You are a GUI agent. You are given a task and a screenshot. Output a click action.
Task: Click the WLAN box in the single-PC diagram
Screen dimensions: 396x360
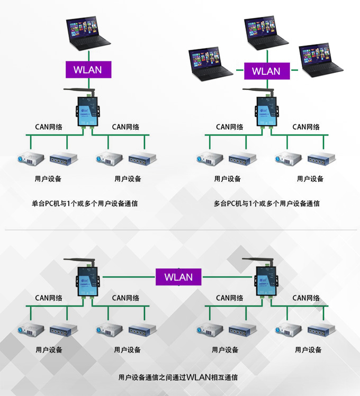(x=88, y=70)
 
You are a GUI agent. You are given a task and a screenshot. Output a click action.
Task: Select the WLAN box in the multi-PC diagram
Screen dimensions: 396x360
(x=267, y=71)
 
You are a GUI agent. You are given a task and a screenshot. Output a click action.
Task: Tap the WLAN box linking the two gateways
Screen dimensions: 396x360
(x=178, y=277)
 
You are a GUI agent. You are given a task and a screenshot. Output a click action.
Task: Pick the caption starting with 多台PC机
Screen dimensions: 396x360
(x=267, y=203)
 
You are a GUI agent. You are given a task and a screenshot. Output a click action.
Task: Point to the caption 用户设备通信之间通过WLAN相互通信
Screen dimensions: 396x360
(x=178, y=377)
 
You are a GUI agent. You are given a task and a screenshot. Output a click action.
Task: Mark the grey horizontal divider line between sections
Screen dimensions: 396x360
(x=180, y=230)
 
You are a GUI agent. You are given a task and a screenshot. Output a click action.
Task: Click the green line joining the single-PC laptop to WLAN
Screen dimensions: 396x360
(x=88, y=57)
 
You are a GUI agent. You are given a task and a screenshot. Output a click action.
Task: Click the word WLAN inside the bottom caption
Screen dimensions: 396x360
(x=199, y=377)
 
